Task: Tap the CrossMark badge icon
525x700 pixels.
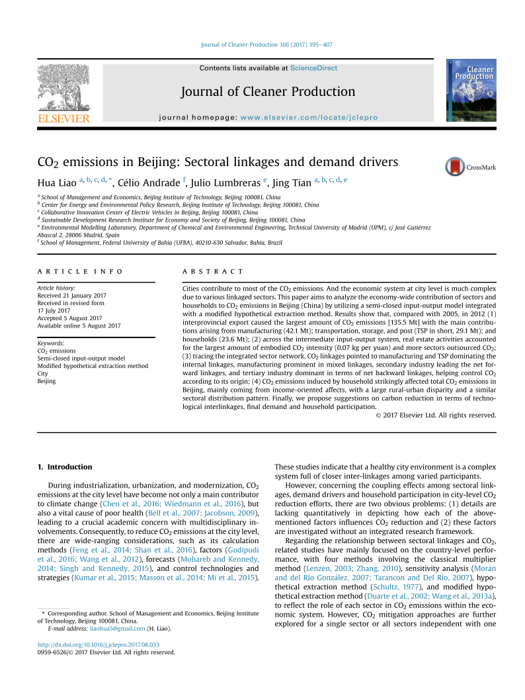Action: [455, 167]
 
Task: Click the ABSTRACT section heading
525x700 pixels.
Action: [212, 272]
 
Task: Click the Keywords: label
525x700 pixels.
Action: [51, 343]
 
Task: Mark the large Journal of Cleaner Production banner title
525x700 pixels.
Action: [268, 92]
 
